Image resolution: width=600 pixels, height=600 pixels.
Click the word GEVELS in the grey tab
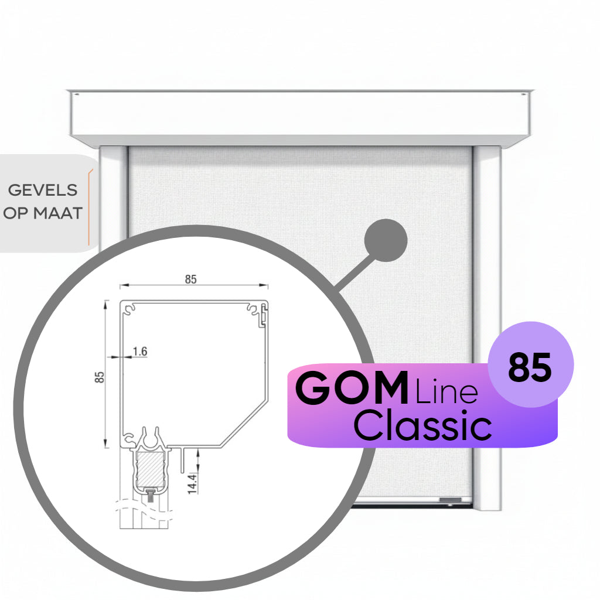(42, 190)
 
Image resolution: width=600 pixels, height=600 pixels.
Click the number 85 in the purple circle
(530, 368)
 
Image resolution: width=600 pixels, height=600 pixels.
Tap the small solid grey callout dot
(386, 240)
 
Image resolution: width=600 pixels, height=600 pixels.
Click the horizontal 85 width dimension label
(190, 279)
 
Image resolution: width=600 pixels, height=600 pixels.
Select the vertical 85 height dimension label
(100, 377)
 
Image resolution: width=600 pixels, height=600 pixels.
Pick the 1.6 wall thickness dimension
(139, 352)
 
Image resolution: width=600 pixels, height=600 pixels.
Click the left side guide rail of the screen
(113, 187)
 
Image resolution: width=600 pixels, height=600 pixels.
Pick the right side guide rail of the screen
(487, 328)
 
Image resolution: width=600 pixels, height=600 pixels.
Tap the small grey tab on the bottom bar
(449, 500)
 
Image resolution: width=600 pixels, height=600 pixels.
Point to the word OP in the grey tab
(16, 213)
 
